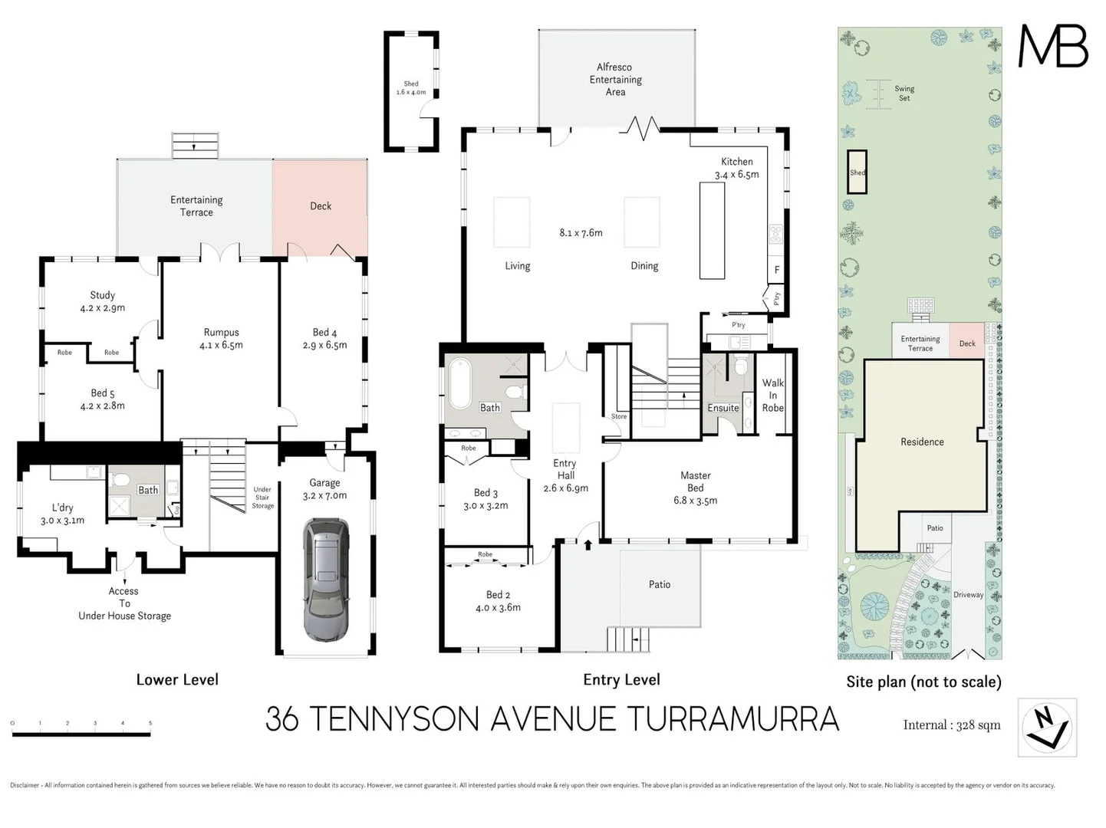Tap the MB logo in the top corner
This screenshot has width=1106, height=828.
tap(1052, 47)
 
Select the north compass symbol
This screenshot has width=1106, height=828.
tap(1047, 727)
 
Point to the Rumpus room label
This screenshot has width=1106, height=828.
tap(221, 339)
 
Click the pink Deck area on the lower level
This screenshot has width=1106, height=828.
tap(320, 206)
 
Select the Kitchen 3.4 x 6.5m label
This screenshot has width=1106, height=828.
tap(736, 168)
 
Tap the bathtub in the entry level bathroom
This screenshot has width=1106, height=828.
tap(460, 383)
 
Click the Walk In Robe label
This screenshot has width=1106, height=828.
tap(772, 395)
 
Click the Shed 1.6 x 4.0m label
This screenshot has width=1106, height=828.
tap(411, 88)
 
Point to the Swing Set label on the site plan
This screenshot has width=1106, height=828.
tap(904, 94)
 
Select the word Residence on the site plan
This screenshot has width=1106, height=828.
tap(922, 442)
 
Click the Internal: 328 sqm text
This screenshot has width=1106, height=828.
tap(951, 725)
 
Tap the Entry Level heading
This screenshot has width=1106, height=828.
tap(621, 680)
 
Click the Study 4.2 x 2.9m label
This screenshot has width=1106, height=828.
tap(102, 301)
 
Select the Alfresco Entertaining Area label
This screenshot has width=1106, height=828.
tap(615, 80)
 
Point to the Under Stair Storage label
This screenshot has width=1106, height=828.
tap(262, 498)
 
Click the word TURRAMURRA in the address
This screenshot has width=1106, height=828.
tap(732, 719)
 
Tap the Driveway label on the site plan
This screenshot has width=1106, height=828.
tap(968, 595)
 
